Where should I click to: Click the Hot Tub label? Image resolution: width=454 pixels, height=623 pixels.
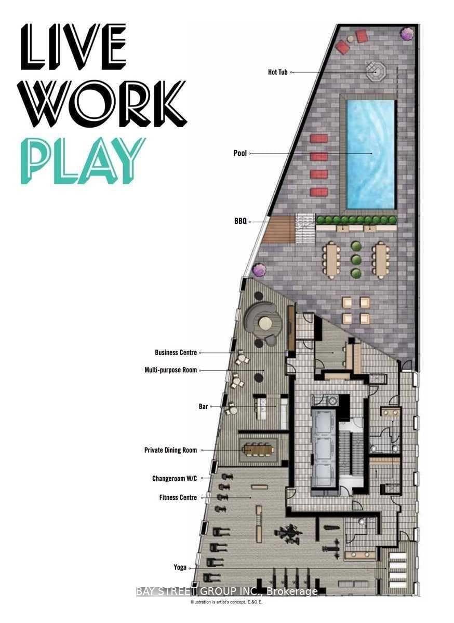tap(277, 72)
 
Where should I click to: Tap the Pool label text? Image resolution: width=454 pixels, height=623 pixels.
tap(240, 153)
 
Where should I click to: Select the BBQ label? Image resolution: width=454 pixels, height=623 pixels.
tap(240, 221)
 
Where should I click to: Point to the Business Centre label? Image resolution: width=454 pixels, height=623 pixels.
tap(176, 353)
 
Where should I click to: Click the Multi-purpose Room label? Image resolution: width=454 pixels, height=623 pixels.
tap(170, 370)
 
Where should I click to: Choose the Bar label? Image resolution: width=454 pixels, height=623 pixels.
tap(203, 407)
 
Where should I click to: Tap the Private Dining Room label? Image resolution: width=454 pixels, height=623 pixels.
tap(170, 450)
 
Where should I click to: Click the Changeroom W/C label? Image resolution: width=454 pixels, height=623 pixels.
tap(175, 478)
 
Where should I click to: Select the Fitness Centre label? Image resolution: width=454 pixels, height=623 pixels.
tap(178, 497)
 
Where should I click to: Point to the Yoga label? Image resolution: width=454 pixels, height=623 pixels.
tap(180, 567)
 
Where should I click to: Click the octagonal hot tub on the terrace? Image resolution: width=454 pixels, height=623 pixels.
tap(376, 72)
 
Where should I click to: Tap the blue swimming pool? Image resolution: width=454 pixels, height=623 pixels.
tap(370, 155)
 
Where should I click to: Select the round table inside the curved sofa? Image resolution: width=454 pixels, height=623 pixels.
tap(265, 323)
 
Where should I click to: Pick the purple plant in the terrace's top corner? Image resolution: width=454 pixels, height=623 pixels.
tap(407, 34)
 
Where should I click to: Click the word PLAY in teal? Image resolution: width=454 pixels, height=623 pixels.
tap(83, 161)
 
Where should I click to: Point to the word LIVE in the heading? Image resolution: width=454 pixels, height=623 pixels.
tap(73, 47)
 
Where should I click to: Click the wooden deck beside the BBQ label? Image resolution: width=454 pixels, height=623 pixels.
tap(278, 229)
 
